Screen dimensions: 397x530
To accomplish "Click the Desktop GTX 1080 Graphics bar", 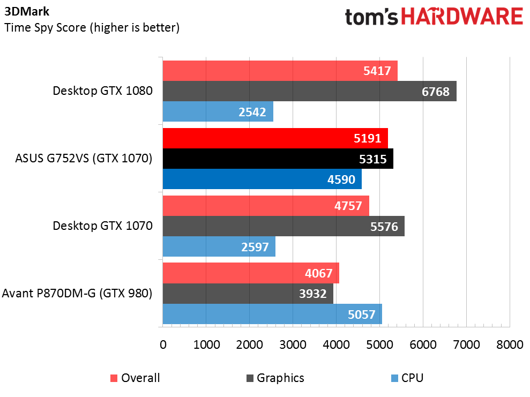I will coord(309,91).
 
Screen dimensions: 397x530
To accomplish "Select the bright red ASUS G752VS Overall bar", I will coord(275,138).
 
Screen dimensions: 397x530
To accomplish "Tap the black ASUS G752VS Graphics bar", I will coord(278,159).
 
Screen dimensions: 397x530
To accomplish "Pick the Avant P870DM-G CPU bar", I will coord(272,314).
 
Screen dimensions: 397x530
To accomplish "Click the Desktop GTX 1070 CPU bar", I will coord(219,246).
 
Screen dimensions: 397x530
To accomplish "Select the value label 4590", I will coord(341,179).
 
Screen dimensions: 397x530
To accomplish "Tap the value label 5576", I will coord(384,226).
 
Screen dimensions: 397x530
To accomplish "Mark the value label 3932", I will coord(313,294).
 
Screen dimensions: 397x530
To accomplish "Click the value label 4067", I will coord(319,273).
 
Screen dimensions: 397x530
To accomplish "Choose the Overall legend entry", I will coord(135,378).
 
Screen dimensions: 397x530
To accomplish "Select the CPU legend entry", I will coord(407,378).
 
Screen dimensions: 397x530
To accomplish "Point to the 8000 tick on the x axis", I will coord(509,344).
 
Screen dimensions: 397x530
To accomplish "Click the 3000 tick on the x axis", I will coord(293,344).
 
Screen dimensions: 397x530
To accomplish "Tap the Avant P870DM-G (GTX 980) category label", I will coord(77,294).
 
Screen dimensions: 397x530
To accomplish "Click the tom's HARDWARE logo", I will coord(434,17).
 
